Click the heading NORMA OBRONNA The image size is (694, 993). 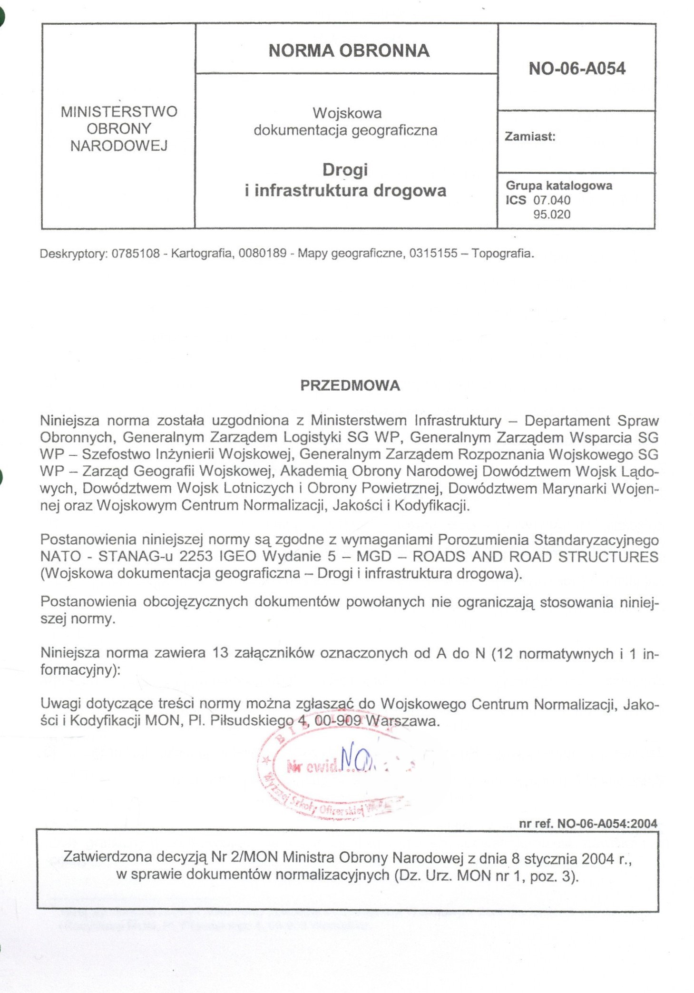click(x=349, y=51)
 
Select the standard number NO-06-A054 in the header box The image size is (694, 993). click(x=577, y=69)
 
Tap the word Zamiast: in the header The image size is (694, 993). click(x=530, y=137)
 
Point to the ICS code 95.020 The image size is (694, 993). click(x=552, y=215)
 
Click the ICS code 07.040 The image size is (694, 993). click(x=552, y=200)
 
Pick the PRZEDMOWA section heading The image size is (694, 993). click(x=350, y=385)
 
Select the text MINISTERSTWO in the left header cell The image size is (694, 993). click(x=119, y=112)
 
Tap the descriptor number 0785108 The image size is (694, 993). click(x=136, y=254)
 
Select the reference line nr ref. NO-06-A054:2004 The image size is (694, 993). click(x=588, y=823)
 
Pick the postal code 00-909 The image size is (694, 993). click(x=337, y=721)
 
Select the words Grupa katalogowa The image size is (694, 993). click(x=558, y=186)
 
